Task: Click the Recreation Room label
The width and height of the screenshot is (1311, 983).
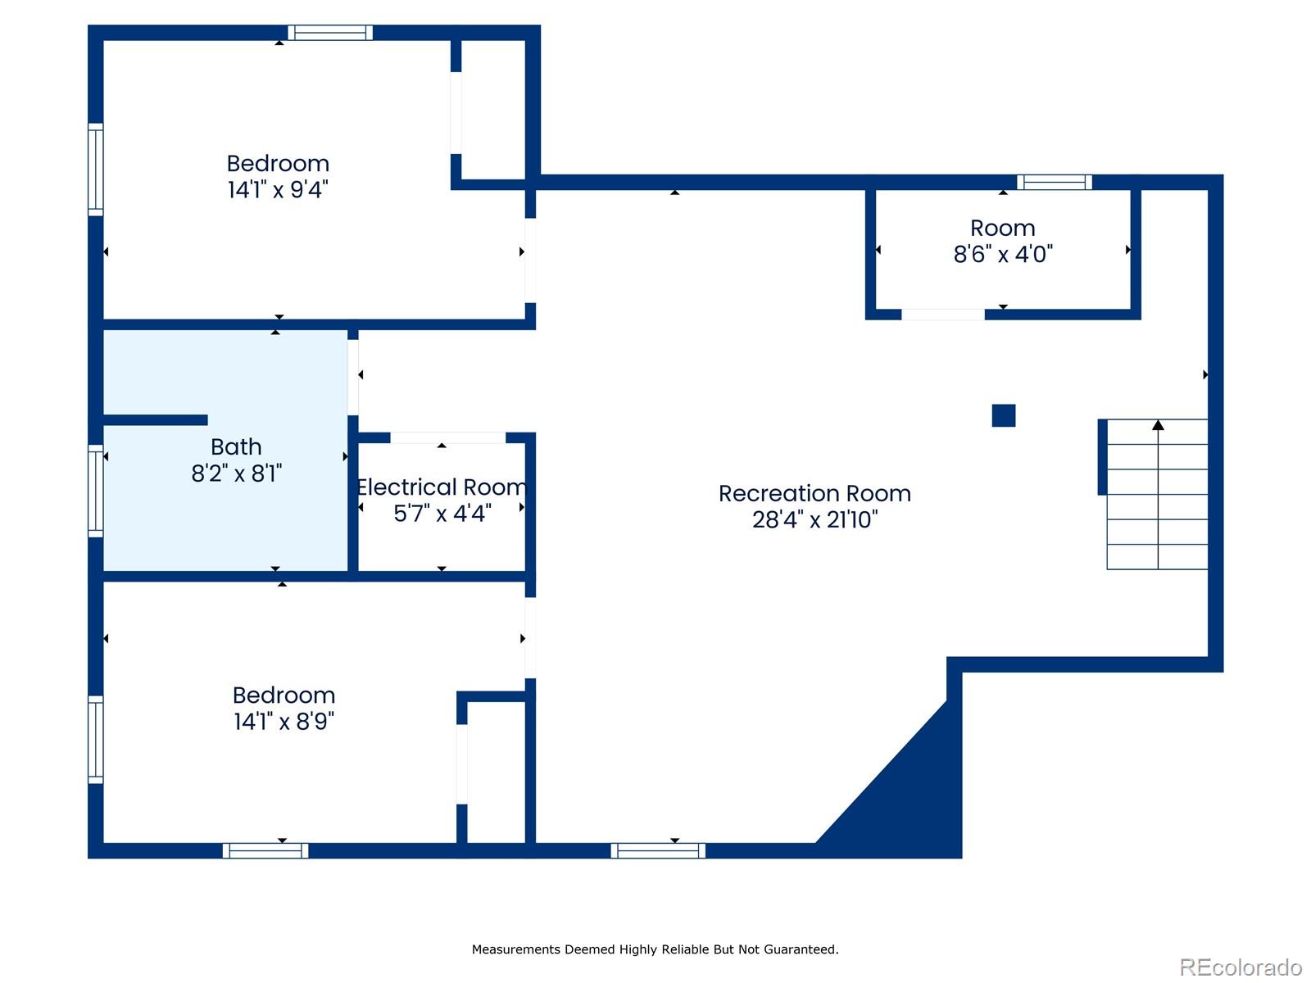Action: coord(814,493)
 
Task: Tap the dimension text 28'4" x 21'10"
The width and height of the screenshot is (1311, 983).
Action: coord(814,519)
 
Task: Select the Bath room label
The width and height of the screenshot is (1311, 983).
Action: coord(236,446)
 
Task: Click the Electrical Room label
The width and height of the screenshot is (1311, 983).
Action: coord(442,487)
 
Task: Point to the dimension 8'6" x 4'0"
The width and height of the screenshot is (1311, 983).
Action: coord(1003,254)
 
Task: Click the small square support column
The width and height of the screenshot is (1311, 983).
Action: coord(1004,415)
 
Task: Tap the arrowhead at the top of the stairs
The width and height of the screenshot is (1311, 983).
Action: coord(1158,425)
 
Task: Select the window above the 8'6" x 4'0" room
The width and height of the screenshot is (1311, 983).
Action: coord(1055,182)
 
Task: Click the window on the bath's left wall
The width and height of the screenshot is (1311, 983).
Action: coord(96,491)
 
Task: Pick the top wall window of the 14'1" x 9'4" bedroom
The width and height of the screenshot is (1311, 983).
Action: coord(330,33)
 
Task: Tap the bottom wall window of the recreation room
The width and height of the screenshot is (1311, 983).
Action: coord(658,850)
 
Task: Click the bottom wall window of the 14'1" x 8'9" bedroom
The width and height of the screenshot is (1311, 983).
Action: coord(265,850)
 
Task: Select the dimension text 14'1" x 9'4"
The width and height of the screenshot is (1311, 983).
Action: coord(278,190)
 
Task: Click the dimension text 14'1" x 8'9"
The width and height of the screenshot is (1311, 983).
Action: coord(284,722)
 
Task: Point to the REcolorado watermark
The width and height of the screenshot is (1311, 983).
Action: coord(1241,967)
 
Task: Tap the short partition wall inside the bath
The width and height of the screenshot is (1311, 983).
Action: coord(155,420)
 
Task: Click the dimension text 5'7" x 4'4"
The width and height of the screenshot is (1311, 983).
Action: coord(442,514)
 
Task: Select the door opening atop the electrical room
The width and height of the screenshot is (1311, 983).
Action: coord(447,437)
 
